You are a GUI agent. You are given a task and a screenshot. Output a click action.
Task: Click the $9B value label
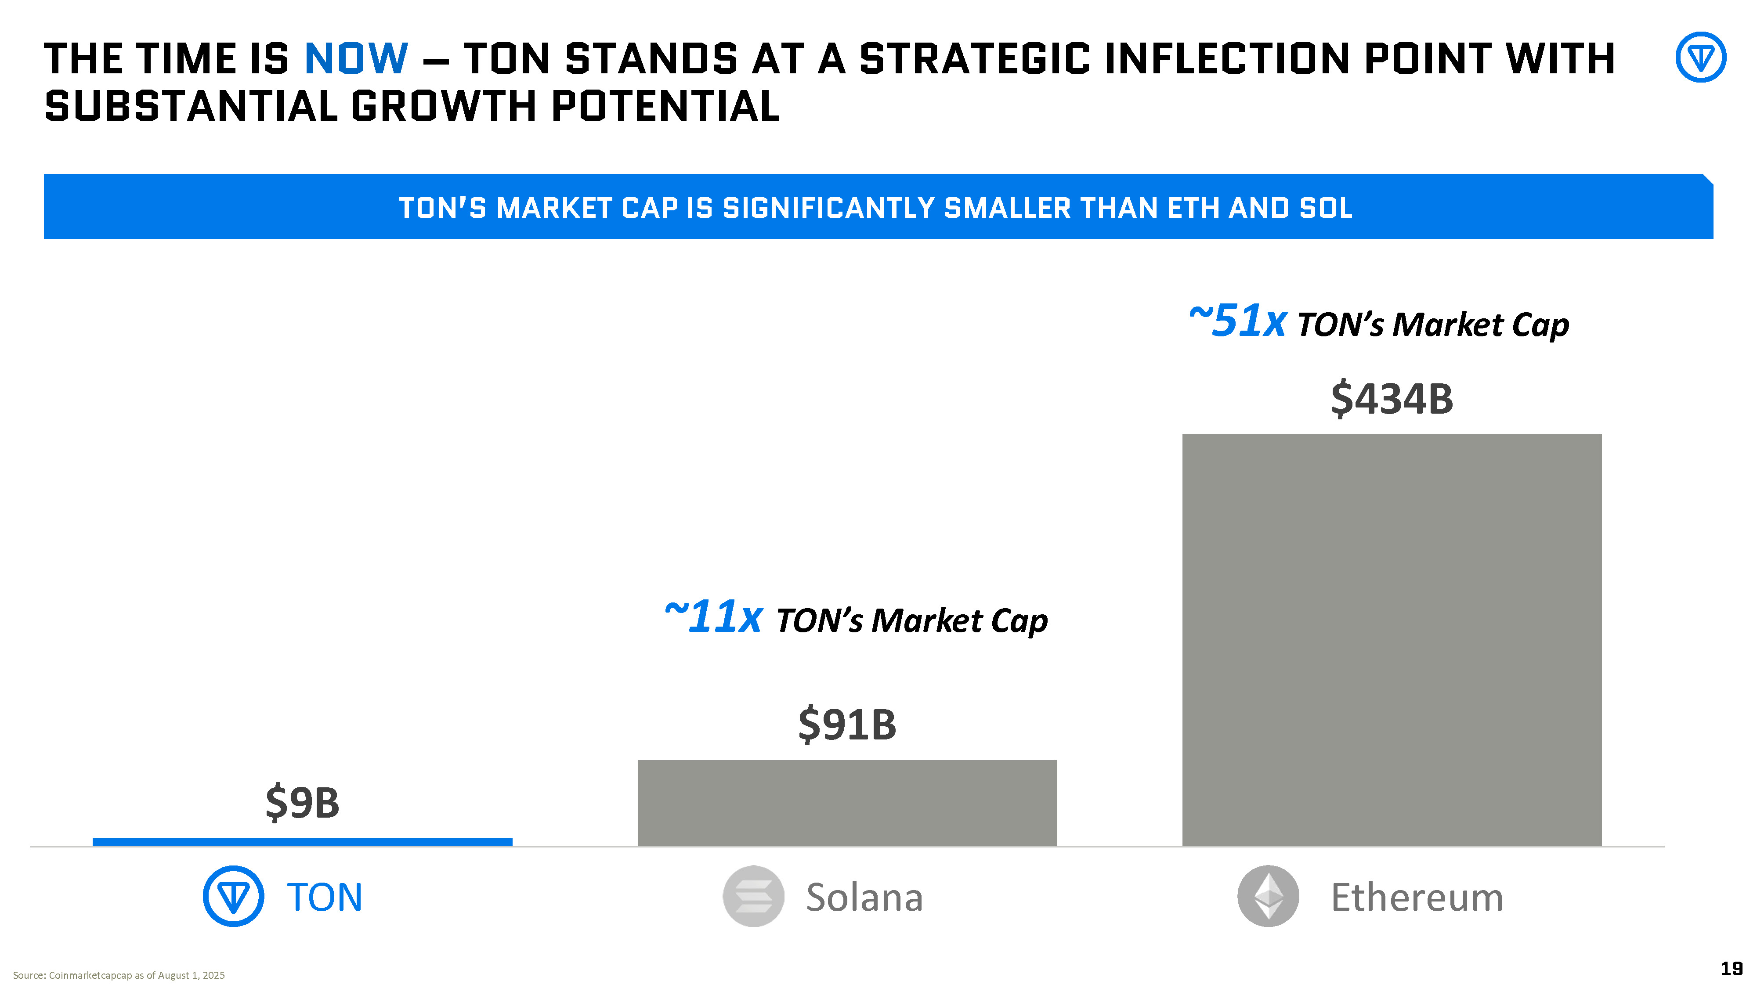pyautogui.click(x=302, y=803)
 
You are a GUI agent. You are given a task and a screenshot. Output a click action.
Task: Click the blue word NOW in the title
pyautogui.click(x=356, y=59)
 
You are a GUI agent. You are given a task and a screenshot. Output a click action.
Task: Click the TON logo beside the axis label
pyautogui.click(x=233, y=896)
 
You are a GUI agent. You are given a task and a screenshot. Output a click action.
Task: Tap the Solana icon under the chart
pyautogui.click(x=753, y=896)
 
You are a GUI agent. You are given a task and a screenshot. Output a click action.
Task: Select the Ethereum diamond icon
pyautogui.click(x=1268, y=896)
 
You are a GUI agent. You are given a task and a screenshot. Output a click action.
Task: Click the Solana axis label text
pyautogui.click(x=864, y=897)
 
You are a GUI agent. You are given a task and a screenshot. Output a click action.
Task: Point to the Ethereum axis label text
pyautogui.click(x=1417, y=897)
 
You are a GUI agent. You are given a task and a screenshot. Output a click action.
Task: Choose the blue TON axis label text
pyautogui.click(x=325, y=897)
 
